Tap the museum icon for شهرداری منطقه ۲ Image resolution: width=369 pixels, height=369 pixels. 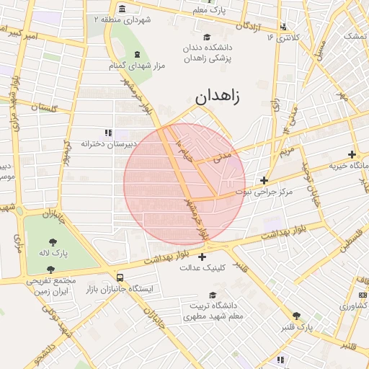pos(122,9)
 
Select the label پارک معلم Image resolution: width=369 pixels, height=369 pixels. pos(210,12)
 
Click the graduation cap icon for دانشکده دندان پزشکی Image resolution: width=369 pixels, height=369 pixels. pos(207,37)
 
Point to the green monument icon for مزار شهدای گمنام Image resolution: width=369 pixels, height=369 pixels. pos(137,55)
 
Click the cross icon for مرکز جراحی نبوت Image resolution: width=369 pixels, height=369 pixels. pos(264,180)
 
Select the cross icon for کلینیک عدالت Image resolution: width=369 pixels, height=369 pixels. pos(201,257)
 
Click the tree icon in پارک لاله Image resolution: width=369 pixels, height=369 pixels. pos(53,242)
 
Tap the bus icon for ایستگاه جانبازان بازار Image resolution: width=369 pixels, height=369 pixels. pos(119,277)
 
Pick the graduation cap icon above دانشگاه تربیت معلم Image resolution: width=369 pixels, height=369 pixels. pos(212,295)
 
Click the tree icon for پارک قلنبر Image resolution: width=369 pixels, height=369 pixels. pos(296,316)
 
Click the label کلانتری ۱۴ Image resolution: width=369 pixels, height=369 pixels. pos(282,37)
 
